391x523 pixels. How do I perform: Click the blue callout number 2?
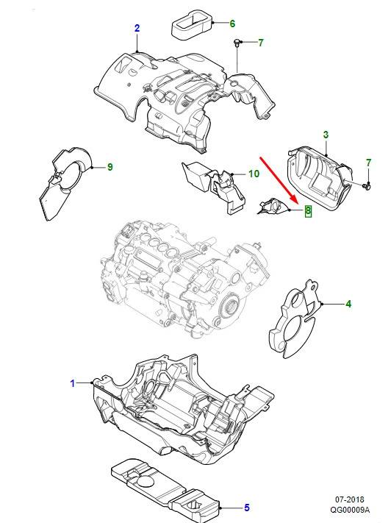pyautogui.click(x=137, y=29)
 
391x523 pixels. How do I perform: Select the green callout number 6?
pyautogui.click(x=232, y=24)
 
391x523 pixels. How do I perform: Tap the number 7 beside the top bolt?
pyautogui.click(x=261, y=43)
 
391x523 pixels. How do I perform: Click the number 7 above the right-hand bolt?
pyautogui.click(x=368, y=163)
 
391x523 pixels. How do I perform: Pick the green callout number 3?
pyautogui.click(x=326, y=135)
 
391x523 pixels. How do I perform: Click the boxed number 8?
pyautogui.click(x=308, y=210)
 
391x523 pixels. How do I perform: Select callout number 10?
pyautogui.click(x=254, y=174)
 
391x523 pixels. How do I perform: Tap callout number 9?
pyautogui.click(x=110, y=167)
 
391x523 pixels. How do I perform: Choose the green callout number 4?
pyautogui.click(x=348, y=304)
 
